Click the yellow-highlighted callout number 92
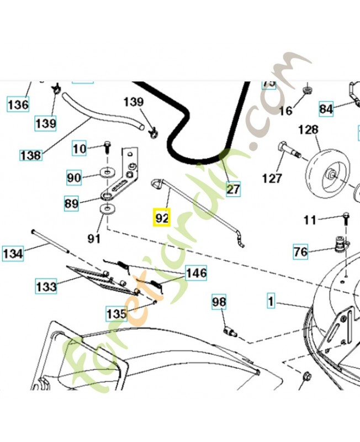click(161, 218)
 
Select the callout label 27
click(234, 190)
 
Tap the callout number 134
click(13, 254)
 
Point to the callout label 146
click(196, 273)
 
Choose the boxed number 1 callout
click(271, 302)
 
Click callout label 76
click(300, 252)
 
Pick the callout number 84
click(326, 109)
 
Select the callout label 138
click(30, 155)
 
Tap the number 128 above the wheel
click(308, 130)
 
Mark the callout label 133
click(46, 287)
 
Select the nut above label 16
click(307, 91)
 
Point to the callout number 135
click(117, 313)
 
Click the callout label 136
click(18, 103)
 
